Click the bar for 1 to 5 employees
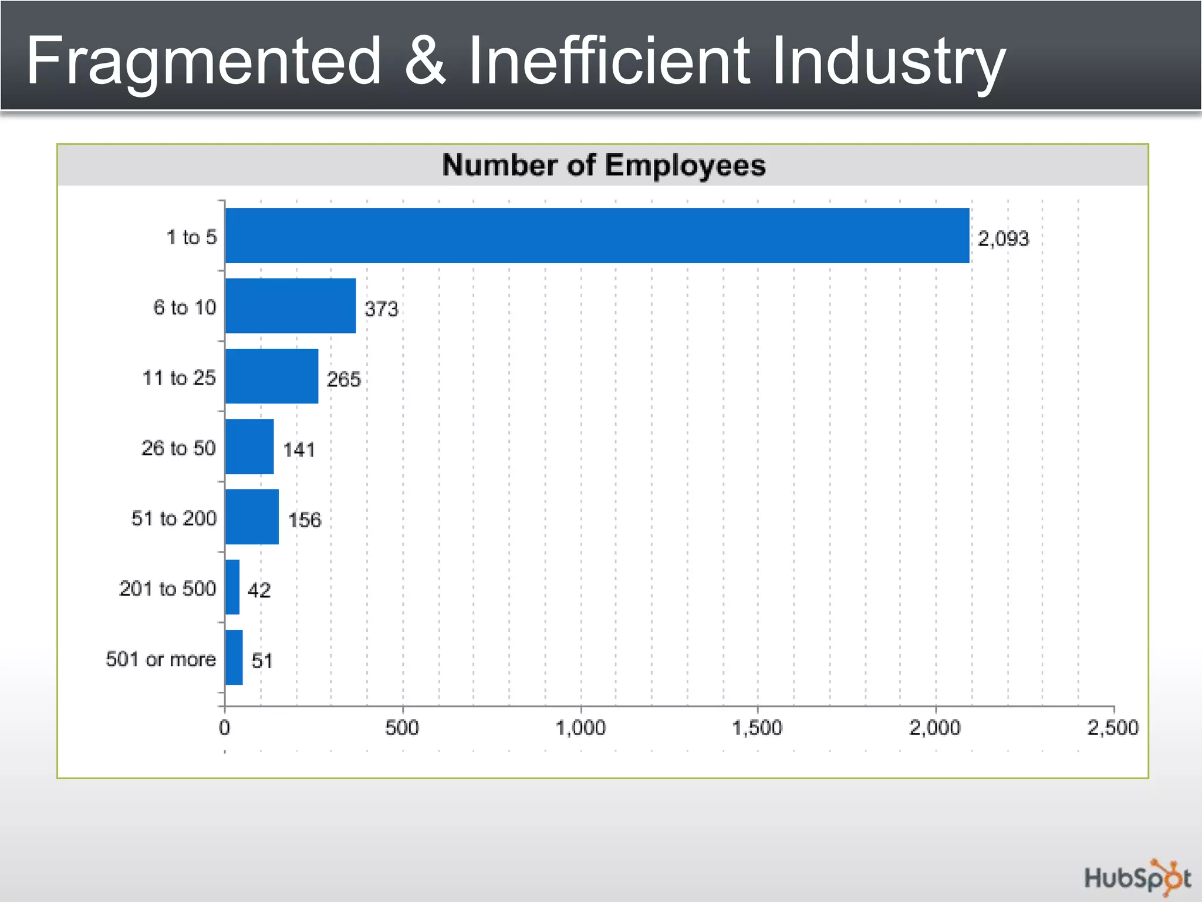(x=596, y=235)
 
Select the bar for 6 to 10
(x=290, y=306)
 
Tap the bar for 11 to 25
(x=271, y=376)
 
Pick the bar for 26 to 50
(x=249, y=447)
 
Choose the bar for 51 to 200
(x=252, y=517)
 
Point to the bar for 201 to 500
(x=232, y=587)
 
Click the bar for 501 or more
(x=234, y=658)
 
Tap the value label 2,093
(x=1003, y=238)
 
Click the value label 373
(x=381, y=309)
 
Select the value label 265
(x=343, y=379)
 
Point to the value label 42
(x=259, y=590)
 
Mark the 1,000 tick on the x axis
(x=580, y=728)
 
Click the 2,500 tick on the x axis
(x=1113, y=728)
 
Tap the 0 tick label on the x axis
(x=224, y=728)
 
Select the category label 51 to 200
(x=174, y=518)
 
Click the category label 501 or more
(x=161, y=659)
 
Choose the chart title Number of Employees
(x=603, y=165)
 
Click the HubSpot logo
(x=1137, y=879)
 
